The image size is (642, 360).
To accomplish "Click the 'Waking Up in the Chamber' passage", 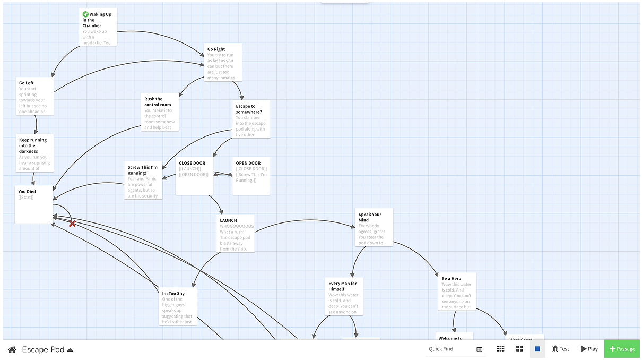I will tap(98, 27).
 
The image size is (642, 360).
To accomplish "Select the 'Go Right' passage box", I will tap(223, 62).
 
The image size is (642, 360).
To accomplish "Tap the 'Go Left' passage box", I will tap(34, 96).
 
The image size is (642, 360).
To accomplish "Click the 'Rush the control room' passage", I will tap(160, 112).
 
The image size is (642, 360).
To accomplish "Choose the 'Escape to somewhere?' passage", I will tap(251, 119).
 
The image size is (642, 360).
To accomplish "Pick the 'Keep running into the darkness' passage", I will tap(34, 153).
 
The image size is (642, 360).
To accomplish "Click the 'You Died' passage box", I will tap(33, 204).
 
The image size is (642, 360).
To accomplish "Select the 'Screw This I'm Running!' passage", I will tap(143, 181).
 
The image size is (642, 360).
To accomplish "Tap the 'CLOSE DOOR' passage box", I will tap(194, 176).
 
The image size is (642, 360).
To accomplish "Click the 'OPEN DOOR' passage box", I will tap(251, 176).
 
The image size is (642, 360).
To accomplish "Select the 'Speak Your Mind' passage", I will tap(374, 227).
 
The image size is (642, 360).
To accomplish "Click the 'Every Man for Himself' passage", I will tap(344, 296).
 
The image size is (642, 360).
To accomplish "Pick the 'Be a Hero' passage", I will tap(457, 292).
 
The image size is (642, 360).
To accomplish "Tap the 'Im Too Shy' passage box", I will tap(178, 306).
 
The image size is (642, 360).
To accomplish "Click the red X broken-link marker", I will tap(72, 224).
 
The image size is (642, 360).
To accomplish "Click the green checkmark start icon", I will tap(85, 14).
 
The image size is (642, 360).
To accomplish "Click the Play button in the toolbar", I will tap(589, 349).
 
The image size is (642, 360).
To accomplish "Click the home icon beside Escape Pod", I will tap(12, 349).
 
